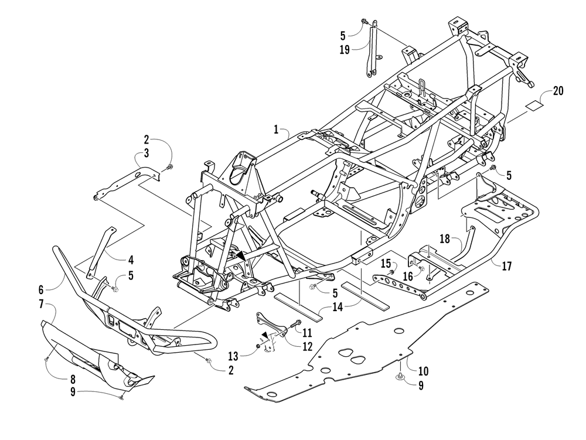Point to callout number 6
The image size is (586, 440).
pyautogui.click(x=41, y=289)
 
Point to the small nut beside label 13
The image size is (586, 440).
pyautogui.click(x=258, y=347)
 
